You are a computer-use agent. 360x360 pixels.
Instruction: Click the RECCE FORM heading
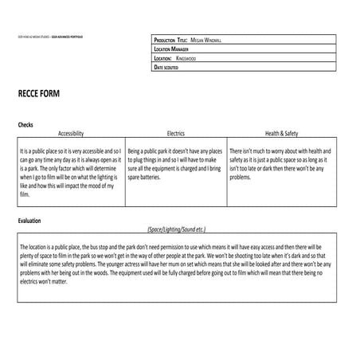(39, 94)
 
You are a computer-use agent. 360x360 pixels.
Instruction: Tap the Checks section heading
(25, 125)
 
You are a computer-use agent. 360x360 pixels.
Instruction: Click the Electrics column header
(175, 133)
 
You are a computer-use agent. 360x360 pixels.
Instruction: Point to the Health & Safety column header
(281, 133)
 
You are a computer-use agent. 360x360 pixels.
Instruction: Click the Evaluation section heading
(29, 220)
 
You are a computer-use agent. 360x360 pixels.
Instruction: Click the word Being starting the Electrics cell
(135, 151)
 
